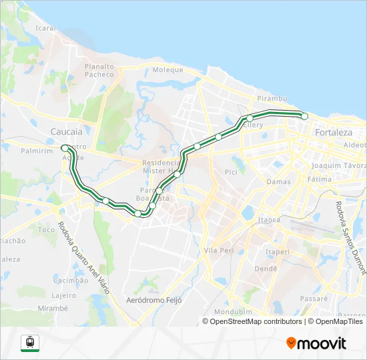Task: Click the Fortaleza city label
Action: coord(333,132)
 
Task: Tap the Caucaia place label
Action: coord(66,132)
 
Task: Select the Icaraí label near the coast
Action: coord(45,29)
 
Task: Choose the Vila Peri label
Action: coord(218,250)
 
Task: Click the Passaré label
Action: coord(314,299)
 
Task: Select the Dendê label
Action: coord(266,269)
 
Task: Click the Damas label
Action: coord(278,181)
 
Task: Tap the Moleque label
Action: coord(167,70)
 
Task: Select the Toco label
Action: coord(47,230)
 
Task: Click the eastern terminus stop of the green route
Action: coord(305,116)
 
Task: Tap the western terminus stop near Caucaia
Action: coord(64,147)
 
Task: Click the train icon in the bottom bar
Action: coord(30,343)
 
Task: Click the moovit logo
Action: coord(316,343)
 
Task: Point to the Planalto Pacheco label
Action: coord(99,71)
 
